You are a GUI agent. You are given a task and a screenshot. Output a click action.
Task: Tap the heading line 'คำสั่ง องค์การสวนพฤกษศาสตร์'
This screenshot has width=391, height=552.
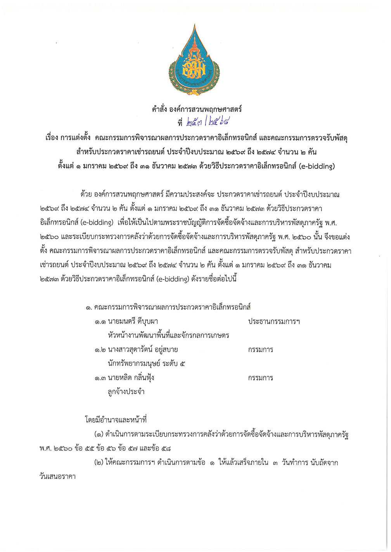click(x=197, y=110)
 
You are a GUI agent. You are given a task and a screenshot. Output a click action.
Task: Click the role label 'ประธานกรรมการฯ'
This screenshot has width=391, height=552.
click(x=274, y=322)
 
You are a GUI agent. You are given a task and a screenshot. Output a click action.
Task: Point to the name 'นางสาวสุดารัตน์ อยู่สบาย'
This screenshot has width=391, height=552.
click(x=143, y=350)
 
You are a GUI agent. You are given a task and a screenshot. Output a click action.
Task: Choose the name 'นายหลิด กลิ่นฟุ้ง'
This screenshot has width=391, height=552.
click(x=131, y=377)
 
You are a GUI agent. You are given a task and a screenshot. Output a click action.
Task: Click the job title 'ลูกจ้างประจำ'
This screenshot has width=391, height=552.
click(x=126, y=391)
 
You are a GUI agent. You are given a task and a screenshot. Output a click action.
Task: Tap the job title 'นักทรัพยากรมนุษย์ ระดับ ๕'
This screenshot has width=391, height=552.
click(x=147, y=363)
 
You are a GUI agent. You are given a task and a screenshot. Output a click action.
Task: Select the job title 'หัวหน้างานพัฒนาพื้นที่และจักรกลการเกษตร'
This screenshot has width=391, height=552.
click(x=168, y=335)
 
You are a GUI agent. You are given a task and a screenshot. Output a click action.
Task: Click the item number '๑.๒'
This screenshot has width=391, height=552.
click(x=100, y=350)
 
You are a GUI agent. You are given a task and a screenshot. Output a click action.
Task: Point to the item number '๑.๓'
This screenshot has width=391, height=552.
click(x=100, y=378)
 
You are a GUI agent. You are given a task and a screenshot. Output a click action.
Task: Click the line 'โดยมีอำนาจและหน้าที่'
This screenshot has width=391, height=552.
click(x=116, y=420)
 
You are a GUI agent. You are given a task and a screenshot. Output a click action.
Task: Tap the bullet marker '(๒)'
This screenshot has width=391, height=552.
click(x=99, y=463)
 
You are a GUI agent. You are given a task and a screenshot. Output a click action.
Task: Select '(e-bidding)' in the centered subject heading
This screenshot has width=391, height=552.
click(x=316, y=166)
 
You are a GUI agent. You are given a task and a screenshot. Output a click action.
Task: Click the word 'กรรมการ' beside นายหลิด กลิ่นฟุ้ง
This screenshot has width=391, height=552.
click(x=261, y=378)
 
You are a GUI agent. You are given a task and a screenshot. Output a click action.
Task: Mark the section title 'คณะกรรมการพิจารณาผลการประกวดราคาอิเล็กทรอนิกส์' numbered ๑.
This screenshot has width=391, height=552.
click(x=172, y=307)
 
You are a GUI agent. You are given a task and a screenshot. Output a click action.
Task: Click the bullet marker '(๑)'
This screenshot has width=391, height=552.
click(x=99, y=435)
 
